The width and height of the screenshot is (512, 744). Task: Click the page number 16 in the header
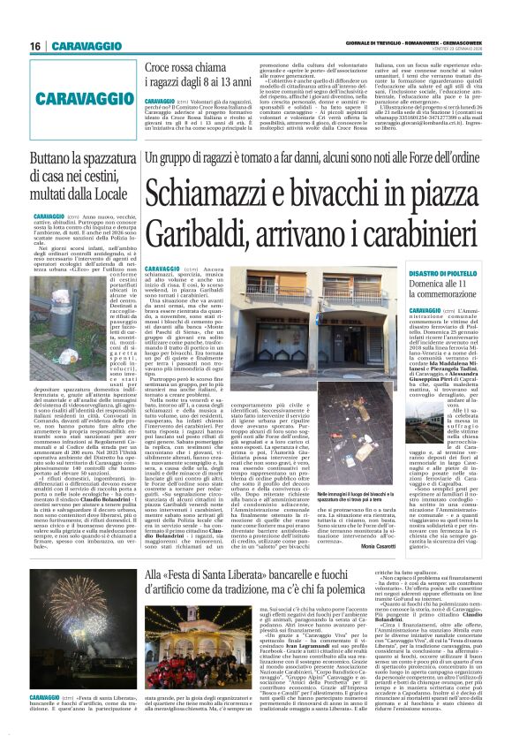pyautogui.click(x=14, y=46)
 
